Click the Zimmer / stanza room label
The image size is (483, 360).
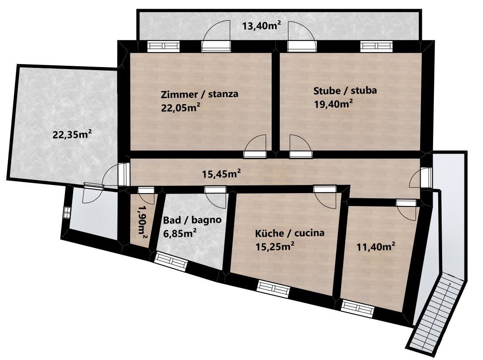point(199,94)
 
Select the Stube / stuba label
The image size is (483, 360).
point(345,90)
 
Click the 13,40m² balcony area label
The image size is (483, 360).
point(261,25)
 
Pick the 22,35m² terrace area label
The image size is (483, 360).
point(72,135)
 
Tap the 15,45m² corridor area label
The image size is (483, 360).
point(221,174)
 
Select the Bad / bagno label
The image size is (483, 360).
point(192,220)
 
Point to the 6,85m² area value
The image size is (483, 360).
point(180,234)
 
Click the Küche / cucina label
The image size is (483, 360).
point(290,233)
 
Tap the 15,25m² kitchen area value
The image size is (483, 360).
point(275,246)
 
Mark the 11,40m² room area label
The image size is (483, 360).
point(376,246)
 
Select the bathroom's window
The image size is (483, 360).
point(170,262)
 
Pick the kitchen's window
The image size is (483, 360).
point(273,289)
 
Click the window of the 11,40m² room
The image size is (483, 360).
point(358,309)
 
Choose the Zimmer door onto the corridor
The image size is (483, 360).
point(255,147)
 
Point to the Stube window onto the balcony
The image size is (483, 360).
point(377,46)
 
